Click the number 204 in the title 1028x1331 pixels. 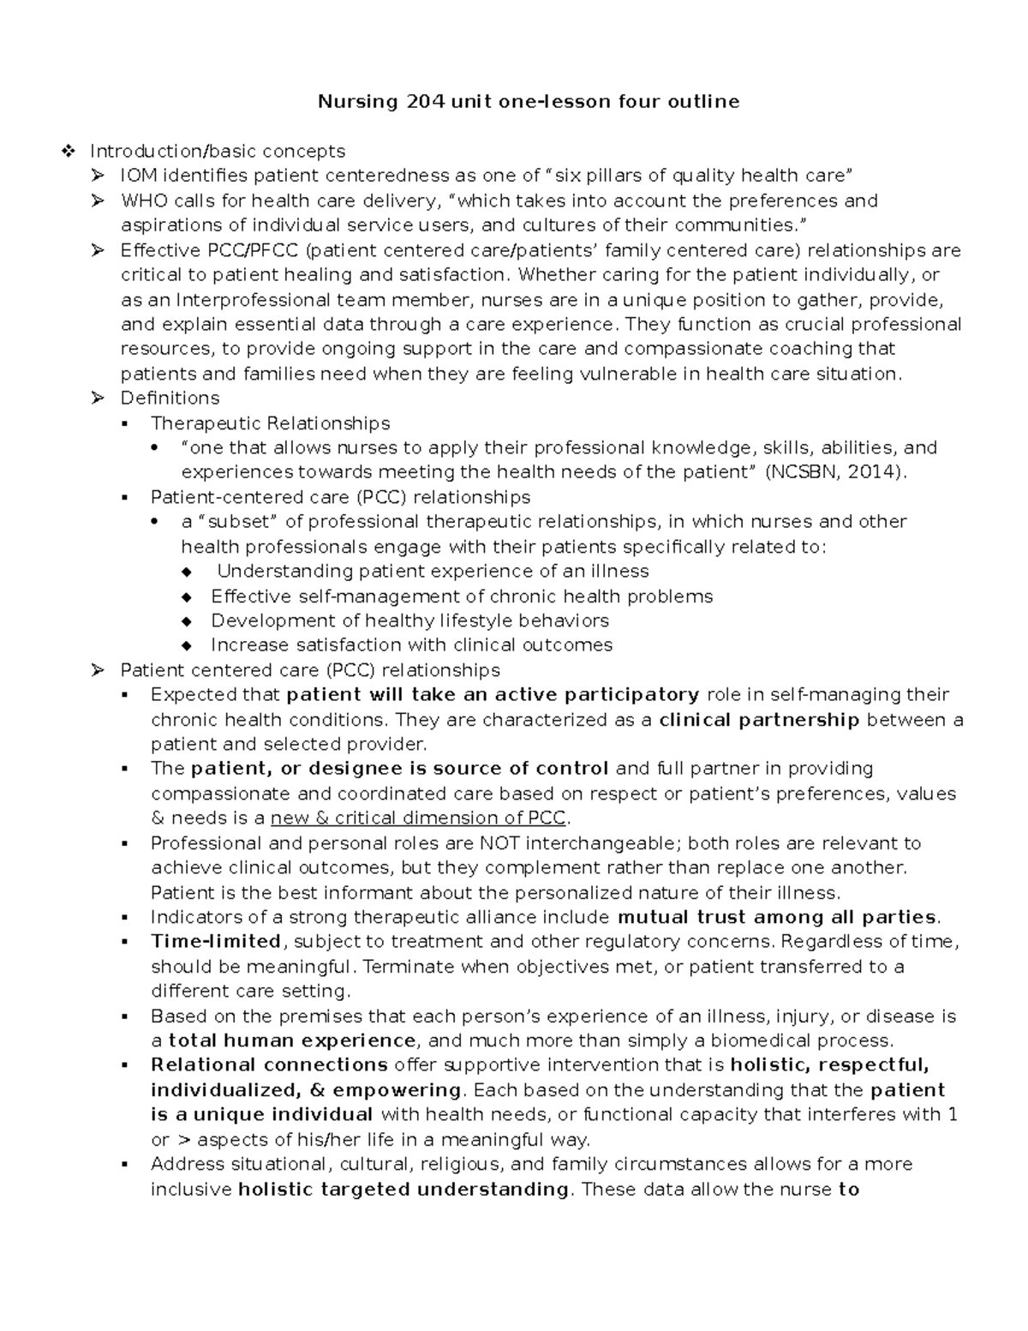426,102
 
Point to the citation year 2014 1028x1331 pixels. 871,472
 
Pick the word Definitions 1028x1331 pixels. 170,398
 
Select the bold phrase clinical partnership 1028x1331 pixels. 759,720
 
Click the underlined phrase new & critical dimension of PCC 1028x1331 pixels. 419,818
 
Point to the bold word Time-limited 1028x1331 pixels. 216,942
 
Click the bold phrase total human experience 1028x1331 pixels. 292,1041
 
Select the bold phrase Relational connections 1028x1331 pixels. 269,1065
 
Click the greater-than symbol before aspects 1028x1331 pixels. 184,1140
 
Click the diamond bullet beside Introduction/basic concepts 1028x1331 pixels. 69,152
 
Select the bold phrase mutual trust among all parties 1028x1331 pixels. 777,918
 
